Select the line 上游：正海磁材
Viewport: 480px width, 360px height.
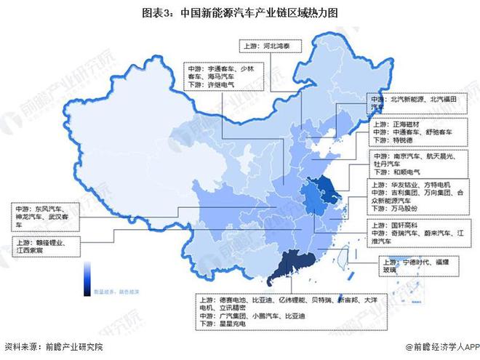(x=396, y=124)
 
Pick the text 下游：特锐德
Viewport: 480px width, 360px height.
(x=392, y=143)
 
